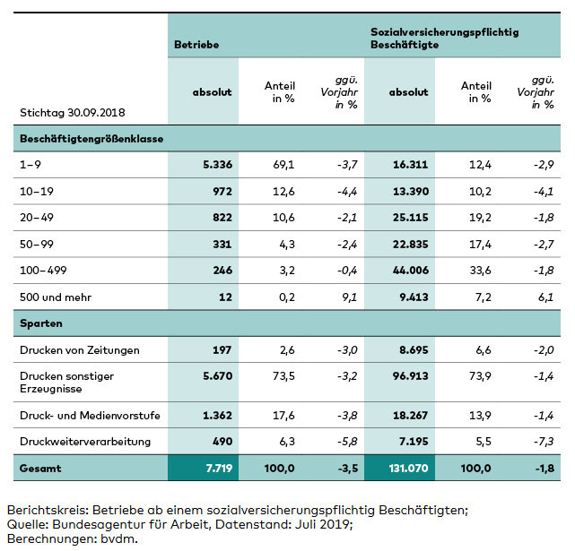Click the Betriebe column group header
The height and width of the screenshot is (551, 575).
[196, 44]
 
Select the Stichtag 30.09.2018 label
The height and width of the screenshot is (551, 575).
[73, 113]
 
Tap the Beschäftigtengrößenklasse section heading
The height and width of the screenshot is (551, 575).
[91, 139]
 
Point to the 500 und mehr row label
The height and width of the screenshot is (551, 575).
[57, 296]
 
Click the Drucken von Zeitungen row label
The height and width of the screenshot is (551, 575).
[79, 349]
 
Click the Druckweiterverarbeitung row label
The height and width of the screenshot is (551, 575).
[85, 441]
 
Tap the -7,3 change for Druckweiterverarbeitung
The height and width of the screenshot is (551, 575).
[542, 441]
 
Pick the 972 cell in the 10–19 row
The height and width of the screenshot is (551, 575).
[221, 191]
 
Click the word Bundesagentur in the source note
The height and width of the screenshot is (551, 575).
[98, 524]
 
